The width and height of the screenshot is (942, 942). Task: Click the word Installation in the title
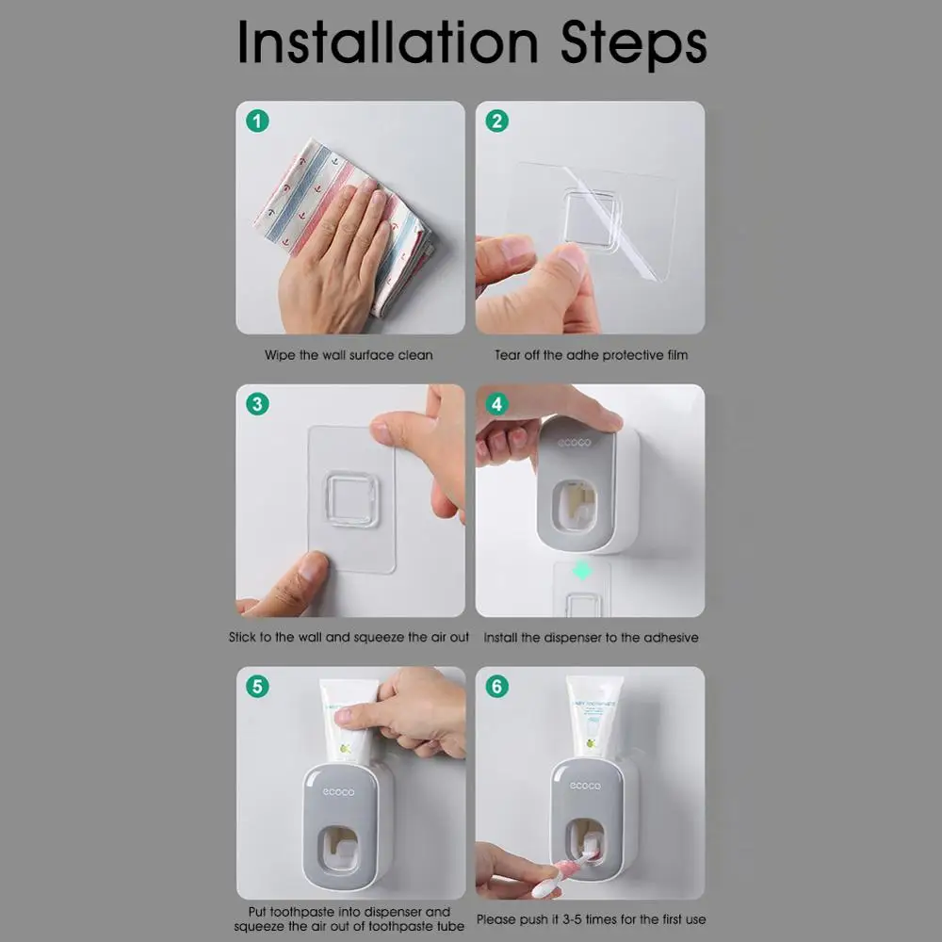tap(387, 41)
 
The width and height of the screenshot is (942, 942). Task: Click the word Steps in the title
tap(633, 44)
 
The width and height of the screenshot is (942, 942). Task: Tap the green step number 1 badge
tap(258, 122)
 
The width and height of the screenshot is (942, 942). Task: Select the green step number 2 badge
tap(496, 122)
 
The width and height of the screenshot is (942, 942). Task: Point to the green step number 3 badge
tap(258, 404)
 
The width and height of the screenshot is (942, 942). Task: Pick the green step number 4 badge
tap(496, 404)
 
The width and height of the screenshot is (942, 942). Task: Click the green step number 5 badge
tap(258, 686)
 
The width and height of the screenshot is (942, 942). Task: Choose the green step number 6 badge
tap(496, 686)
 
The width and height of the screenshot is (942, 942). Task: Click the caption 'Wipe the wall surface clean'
tap(349, 355)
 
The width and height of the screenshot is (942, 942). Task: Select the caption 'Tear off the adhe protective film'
tap(592, 355)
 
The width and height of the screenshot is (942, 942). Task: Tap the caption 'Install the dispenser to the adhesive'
tap(592, 638)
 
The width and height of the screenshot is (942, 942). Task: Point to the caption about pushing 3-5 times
tap(592, 919)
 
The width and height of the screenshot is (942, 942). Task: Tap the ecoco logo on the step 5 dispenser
tap(338, 792)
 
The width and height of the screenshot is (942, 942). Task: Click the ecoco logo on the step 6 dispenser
tap(585, 786)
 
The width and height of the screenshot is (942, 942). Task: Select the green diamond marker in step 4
tap(581, 571)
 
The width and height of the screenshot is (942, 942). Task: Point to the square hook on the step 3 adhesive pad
tap(351, 499)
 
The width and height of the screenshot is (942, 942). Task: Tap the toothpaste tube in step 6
tap(593, 719)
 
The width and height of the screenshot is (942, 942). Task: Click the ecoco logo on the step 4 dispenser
tap(575, 443)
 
